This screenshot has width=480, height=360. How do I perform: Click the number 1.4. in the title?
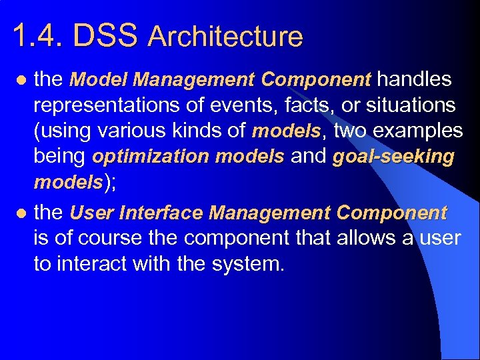38,37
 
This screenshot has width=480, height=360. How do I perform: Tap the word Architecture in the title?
225,37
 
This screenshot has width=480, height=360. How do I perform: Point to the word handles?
414,80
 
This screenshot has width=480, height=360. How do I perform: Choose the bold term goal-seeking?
393,157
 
